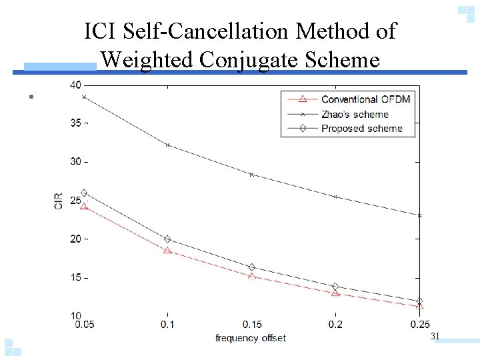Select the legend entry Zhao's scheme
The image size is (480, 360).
354,114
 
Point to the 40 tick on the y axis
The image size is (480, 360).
75,85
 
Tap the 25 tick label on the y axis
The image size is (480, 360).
75,200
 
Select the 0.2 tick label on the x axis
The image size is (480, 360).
335,324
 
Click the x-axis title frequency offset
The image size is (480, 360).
251,338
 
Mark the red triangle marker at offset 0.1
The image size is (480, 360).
167,251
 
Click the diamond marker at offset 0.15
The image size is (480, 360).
251,267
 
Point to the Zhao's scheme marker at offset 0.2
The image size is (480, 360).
335,197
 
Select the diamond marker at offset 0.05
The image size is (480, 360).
84,193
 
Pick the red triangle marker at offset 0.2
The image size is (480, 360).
335,293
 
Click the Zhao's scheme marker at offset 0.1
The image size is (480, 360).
167,145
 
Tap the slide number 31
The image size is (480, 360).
435,337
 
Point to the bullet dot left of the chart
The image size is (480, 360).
31,97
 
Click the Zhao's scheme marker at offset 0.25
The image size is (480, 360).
419,215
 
